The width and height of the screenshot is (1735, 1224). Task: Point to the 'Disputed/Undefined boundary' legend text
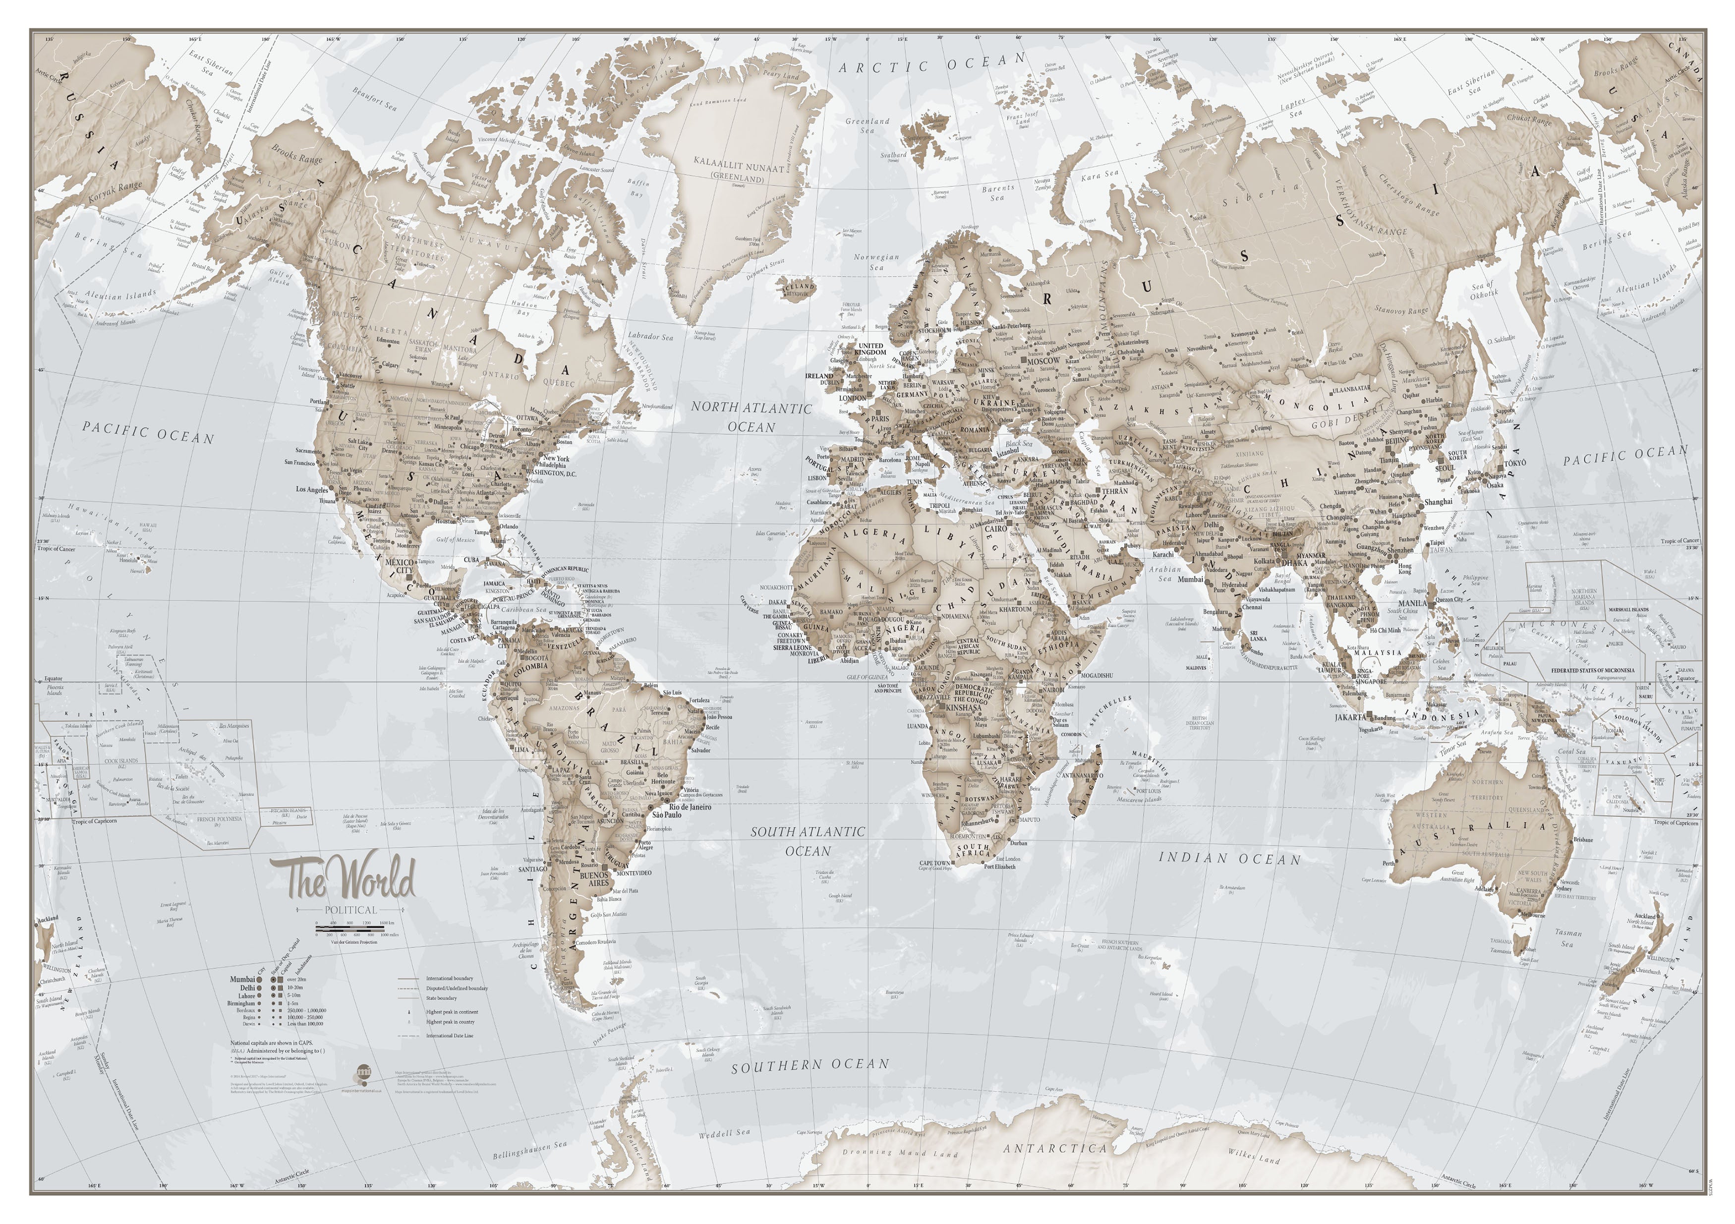point(457,988)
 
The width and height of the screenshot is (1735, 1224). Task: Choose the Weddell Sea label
point(724,1155)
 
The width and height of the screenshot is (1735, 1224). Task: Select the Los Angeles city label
point(311,490)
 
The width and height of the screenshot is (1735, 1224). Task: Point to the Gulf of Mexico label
point(455,539)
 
